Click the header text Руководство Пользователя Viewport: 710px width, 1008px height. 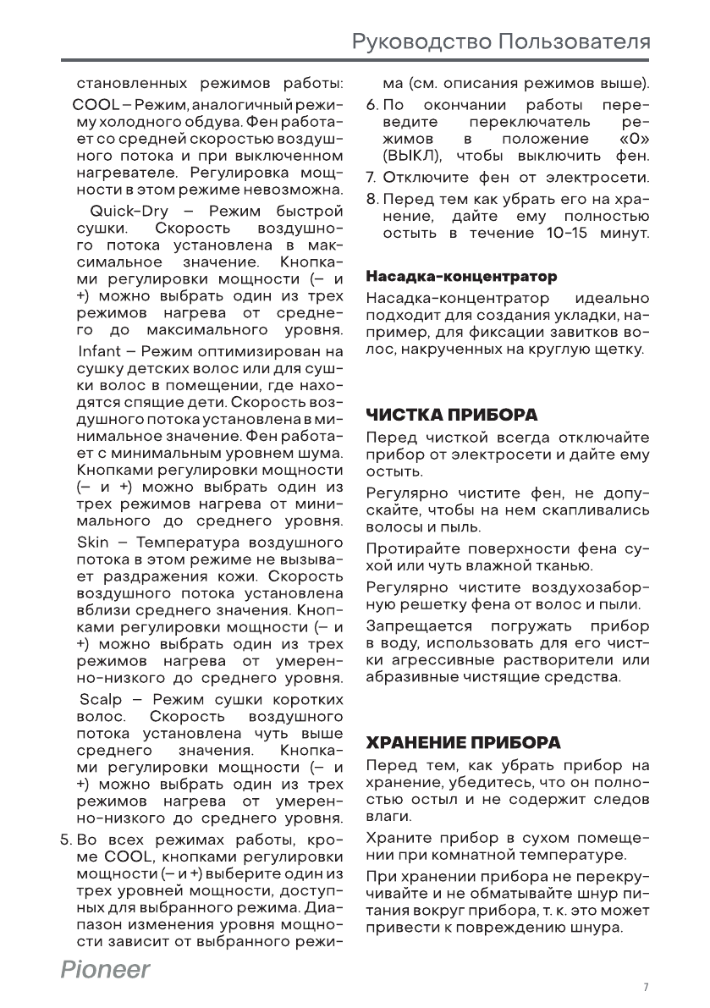click(501, 41)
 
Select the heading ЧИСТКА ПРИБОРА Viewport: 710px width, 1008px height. click(451, 416)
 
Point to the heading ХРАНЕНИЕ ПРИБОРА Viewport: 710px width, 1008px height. click(463, 743)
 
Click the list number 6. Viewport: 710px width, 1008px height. click(372, 106)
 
